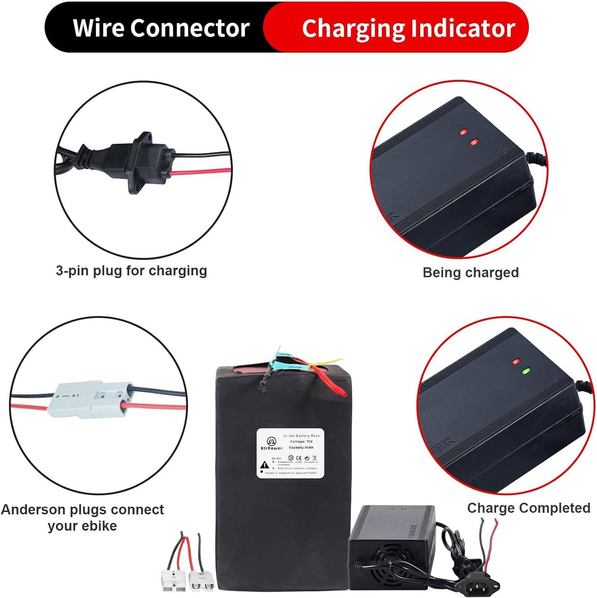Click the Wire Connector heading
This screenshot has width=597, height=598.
(x=161, y=28)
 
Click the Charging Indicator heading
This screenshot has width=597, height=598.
(x=408, y=28)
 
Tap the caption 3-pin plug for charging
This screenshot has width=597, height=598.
(x=131, y=271)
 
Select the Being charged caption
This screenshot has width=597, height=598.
(x=471, y=273)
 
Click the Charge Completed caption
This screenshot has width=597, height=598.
(x=528, y=508)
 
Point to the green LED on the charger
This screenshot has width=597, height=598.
(x=526, y=371)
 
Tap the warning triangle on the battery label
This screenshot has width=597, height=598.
(x=265, y=465)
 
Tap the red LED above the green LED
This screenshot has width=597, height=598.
(x=516, y=361)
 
